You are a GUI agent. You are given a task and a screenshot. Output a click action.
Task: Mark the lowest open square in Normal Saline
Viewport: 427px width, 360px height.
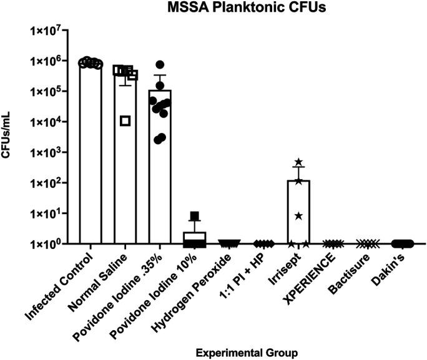coord(125,120)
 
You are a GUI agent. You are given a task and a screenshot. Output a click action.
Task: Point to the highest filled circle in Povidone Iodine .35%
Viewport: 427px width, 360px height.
coord(160,64)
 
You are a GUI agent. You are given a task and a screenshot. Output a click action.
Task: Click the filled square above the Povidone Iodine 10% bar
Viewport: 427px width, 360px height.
coord(195,216)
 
